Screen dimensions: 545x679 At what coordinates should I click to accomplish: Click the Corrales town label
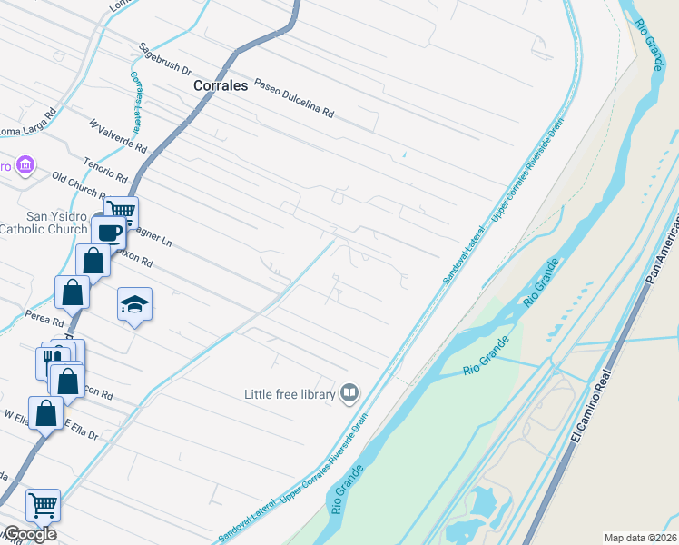point(221,85)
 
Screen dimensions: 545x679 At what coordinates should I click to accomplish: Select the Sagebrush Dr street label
point(165,58)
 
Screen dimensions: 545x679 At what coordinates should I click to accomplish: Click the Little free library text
point(289,394)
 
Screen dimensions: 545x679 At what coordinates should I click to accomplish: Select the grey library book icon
point(349,393)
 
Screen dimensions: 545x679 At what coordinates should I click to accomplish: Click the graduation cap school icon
point(134,304)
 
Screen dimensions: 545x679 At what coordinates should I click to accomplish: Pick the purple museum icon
point(26,166)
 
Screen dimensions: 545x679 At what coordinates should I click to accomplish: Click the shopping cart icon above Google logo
point(43,504)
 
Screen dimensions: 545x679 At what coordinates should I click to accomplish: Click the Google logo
point(30,534)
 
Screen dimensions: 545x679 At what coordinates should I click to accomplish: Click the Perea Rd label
point(45,321)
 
